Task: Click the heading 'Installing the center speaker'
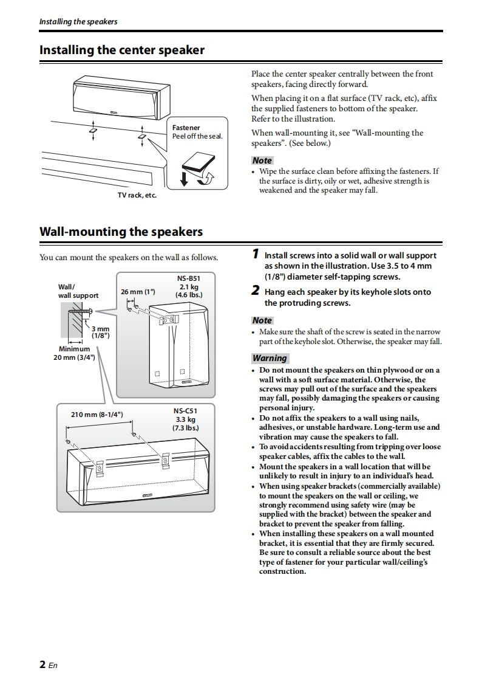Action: (122, 50)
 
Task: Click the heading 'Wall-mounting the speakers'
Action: (121, 232)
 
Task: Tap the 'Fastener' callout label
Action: (186, 128)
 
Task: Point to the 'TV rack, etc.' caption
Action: (137, 195)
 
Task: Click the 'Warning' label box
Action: (270, 358)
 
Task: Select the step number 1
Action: (256, 254)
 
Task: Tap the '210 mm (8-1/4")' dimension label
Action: (97, 415)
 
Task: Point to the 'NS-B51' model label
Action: (188, 278)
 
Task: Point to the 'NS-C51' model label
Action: (185, 411)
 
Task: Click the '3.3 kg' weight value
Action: (185, 419)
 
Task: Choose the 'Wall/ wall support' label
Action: (78, 291)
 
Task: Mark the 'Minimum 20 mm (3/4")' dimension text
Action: (74, 353)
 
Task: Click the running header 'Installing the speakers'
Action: (78, 22)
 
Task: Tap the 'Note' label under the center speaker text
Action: (262, 160)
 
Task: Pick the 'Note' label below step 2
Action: (262, 320)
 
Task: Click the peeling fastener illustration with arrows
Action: (197, 168)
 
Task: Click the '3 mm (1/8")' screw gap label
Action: (100, 332)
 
